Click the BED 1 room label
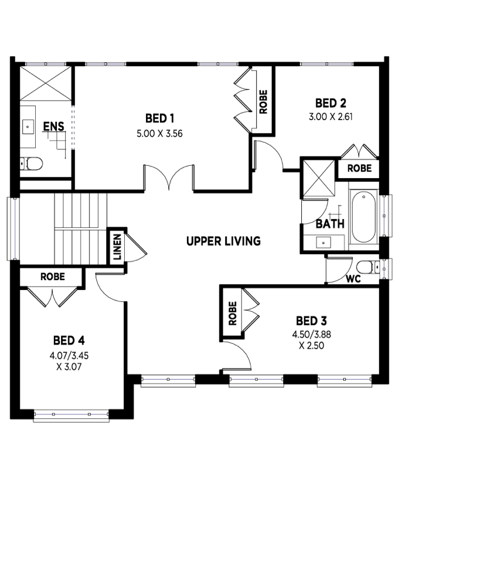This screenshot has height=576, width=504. (159, 118)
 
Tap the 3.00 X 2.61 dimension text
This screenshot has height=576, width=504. (331, 117)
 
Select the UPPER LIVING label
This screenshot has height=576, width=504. (223, 241)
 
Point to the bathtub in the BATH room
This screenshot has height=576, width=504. (363, 216)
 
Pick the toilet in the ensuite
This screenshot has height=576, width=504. (31, 163)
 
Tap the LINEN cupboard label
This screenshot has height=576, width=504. (117, 247)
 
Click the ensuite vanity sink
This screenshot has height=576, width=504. (28, 127)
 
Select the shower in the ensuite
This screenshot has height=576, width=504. (45, 83)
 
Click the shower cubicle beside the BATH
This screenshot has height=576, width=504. (319, 178)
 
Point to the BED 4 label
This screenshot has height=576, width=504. (69, 340)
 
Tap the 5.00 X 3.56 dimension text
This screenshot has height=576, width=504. (159, 134)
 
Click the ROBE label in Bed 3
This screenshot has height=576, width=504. (233, 313)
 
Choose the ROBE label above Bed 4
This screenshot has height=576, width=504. (53, 277)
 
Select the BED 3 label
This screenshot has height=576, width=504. (311, 321)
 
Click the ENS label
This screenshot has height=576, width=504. (54, 127)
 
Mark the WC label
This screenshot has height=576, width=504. (353, 279)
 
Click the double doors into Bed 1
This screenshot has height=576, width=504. (169, 178)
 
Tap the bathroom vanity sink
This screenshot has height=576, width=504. (323, 243)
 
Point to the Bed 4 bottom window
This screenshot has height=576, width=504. (71, 415)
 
